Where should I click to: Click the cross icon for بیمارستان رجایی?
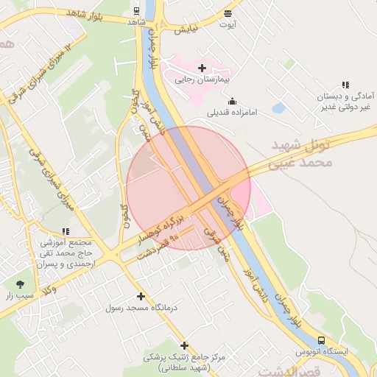pos(202,68)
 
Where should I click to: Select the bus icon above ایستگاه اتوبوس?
pos(320,340)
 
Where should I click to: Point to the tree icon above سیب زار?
pos(20,284)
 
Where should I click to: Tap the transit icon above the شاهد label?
pos(136,11)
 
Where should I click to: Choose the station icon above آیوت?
pos(228,13)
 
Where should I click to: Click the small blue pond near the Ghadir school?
pos(278,108)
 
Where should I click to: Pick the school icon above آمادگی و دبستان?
pos(345,85)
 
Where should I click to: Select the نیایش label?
pos(186,30)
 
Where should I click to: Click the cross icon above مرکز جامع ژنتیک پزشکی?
pos(184,345)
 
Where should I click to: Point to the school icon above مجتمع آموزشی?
pos(66,231)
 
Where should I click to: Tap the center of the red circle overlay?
pos(188,188)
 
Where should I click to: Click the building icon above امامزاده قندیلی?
pos(233,102)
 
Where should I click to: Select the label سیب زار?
pos(20,296)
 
